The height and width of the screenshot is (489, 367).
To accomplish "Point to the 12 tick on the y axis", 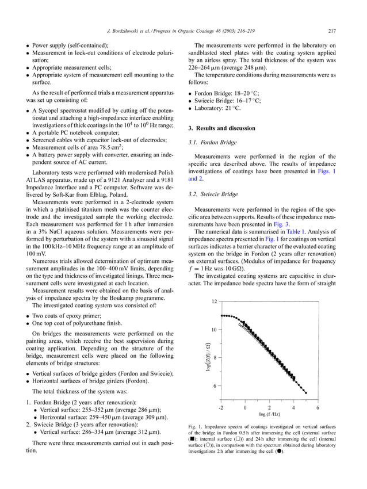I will click(213, 301).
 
